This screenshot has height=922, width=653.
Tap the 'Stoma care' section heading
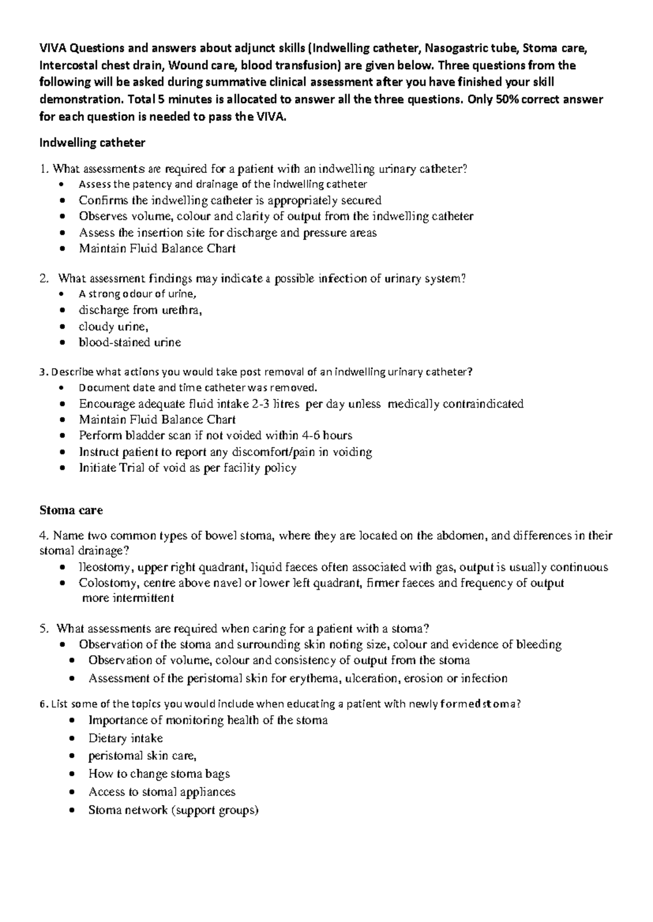(71, 510)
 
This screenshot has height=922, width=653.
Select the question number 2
(44, 279)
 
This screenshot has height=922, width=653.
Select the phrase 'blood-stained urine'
(130, 342)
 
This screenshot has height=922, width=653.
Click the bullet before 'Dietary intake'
(73, 739)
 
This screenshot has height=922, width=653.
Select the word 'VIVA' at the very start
(53, 48)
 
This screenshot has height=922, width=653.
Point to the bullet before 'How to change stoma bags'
(73, 775)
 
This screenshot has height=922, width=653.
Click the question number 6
(43, 705)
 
